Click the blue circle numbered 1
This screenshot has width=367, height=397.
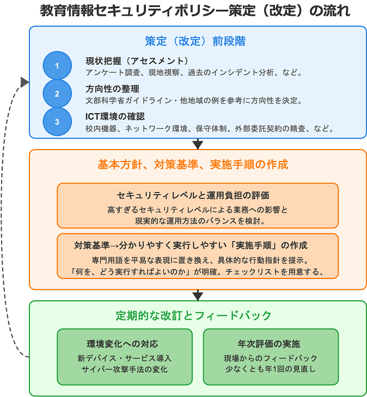57,65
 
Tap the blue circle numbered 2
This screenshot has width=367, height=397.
57,94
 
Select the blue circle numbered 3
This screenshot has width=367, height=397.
57,122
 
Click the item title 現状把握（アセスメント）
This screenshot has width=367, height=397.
137,60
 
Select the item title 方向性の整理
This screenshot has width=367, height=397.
112,89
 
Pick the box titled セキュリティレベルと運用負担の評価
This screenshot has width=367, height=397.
198,205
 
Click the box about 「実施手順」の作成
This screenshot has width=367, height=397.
198,256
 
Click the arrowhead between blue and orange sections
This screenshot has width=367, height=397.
198,144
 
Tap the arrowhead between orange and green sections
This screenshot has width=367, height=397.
198,295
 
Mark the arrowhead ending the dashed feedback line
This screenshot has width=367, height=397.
25,82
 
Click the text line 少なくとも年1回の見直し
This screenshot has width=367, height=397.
270,369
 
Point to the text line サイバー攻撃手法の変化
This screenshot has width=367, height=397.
125,369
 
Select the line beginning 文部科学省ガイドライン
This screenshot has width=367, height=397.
194,101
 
